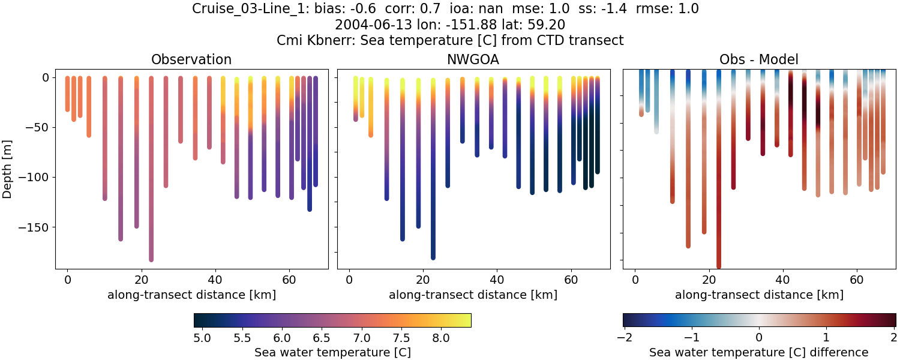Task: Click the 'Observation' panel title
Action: (x=191, y=59)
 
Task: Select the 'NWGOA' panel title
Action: (x=473, y=59)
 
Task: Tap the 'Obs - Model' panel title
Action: (x=758, y=59)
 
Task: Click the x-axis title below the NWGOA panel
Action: (x=473, y=295)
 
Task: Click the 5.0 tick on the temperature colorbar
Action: (x=202, y=338)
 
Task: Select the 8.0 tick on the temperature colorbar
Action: (x=441, y=338)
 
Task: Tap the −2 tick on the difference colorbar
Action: (x=624, y=338)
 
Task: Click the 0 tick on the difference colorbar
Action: (x=759, y=338)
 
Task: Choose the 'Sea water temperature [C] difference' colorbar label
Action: (x=758, y=352)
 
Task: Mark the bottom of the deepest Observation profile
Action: (x=151, y=259)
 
